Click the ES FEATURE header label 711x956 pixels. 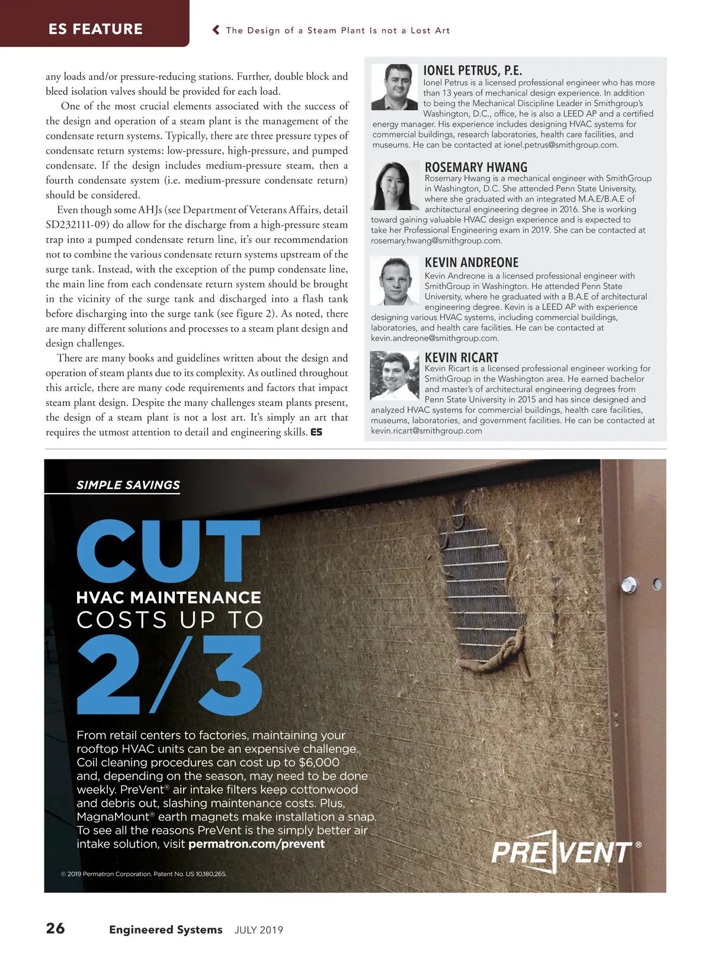[95, 29]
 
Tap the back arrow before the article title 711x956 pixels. [216, 30]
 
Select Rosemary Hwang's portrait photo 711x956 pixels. [394, 185]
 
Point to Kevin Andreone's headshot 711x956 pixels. [395, 281]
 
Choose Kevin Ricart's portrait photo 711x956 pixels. [394, 376]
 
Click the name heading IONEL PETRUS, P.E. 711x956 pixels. [472, 71]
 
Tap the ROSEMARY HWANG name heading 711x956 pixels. [476, 167]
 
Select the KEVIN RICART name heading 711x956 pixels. [461, 357]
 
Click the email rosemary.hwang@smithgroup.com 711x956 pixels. [436, 241]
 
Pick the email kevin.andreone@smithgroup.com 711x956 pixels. [434, 338]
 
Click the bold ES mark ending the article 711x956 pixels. [316, 432]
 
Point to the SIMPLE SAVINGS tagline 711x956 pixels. [128, 485]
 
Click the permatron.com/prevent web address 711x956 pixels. [256, 844]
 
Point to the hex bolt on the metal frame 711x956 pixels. [629, 586]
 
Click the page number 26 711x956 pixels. [55, 928]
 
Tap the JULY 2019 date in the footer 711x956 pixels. [258, 930]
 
